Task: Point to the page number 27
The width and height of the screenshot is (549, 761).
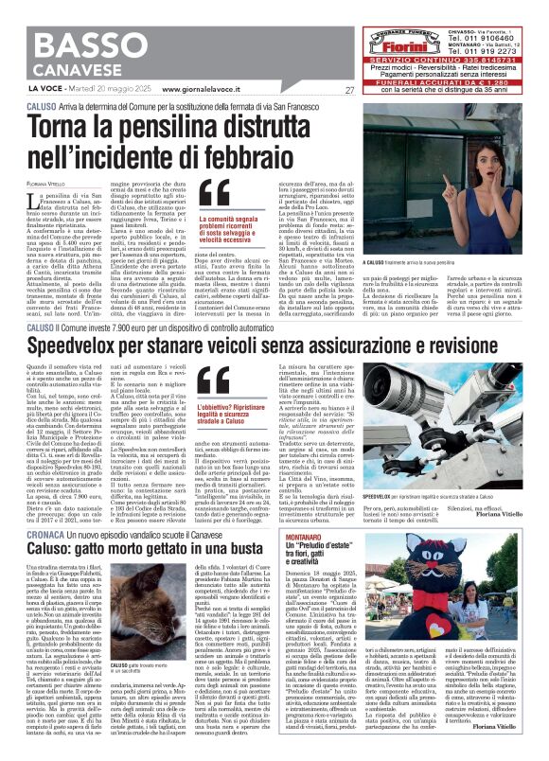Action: (x=349, y=90)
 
